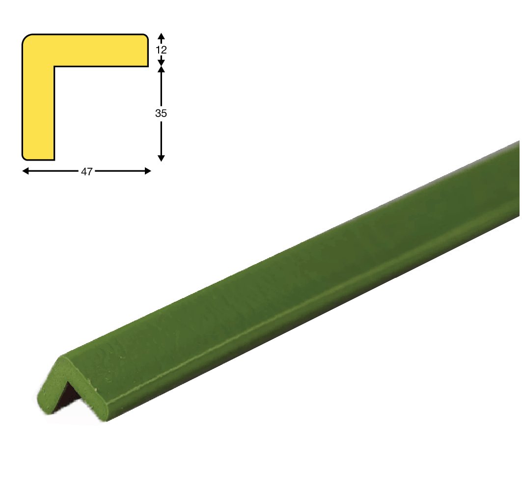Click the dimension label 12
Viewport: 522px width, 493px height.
(161, 50)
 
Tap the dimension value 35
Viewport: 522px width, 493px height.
(161, 113)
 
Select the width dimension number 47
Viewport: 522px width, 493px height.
(86, 171)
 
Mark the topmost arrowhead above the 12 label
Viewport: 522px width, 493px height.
(161, 36)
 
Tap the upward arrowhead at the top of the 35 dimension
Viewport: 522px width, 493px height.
(161, 69)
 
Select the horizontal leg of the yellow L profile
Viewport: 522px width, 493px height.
(100, 50)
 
